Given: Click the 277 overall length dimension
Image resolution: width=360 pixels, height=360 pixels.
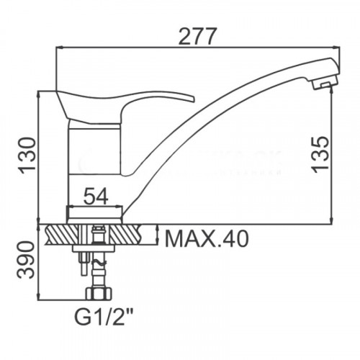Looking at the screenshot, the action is click(x=198, y=37).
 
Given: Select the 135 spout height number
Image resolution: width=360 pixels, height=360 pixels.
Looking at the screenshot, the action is click(x=320, y=154).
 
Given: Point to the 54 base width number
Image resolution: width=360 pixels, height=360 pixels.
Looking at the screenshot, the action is click(x=96, y=197).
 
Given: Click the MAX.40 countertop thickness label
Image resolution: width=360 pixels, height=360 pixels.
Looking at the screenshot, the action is click(x=207, y=238).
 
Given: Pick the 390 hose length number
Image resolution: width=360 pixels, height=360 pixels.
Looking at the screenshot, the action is click(x=26, y=260).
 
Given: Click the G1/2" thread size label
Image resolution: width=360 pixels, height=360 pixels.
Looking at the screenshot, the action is click(x=104, y=318).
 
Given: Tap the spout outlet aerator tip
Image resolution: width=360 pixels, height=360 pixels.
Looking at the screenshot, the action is click(x=324, y=84).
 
